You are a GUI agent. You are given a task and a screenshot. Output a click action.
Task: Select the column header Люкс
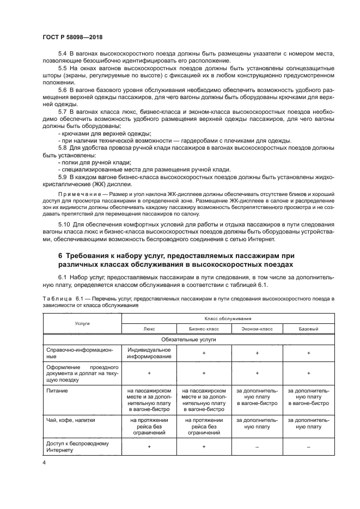(x=150, y=329)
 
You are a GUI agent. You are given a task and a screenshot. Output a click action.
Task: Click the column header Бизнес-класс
(x=204, y=329)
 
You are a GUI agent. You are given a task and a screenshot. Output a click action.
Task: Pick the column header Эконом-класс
(x=257, y=329)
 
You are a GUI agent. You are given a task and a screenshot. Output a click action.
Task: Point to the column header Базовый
(x=308, y=329)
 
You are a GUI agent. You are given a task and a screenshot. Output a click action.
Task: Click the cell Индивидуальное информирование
(x=150, y=353)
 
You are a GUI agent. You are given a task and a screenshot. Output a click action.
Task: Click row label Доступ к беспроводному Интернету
(x=74, y=446)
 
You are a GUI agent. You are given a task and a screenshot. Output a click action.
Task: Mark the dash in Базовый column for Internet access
(x=308, y=446)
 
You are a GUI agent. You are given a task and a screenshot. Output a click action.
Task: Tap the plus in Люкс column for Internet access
(x=150, y=446)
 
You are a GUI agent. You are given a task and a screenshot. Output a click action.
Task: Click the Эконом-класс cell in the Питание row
(x=257, y=397)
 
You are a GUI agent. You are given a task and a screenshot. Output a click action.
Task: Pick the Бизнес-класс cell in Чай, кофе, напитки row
(x=204, y=427)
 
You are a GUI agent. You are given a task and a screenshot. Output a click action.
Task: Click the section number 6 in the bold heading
(x=60, y=256)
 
